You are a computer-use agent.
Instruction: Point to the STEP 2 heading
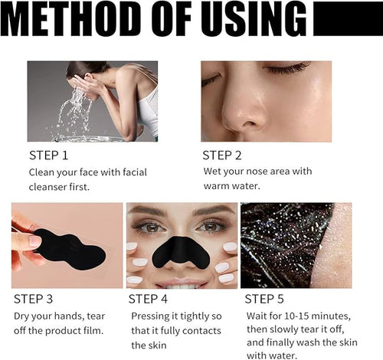click(x=224, y=156)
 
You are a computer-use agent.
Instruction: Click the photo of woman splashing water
click(x=93, y=101)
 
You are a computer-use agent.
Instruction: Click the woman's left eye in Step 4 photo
click(x=209, y=227)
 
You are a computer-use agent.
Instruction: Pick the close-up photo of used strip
click(x=296, y=245)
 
